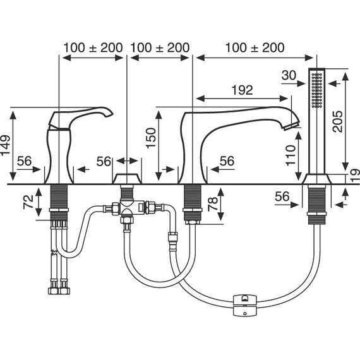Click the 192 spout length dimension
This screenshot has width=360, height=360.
[x=243, y=90]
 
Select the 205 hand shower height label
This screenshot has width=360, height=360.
[x=337, y=121]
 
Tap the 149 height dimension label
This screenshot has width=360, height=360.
[x=5, y=145]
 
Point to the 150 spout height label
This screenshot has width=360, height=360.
[x=151, y=138]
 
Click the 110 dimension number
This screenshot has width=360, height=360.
[x=291, y=155]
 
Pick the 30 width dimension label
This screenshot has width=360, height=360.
[x=289, y=75]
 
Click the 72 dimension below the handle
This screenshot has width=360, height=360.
[x=28, y=202]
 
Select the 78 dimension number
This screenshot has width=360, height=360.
[x=213, y=204]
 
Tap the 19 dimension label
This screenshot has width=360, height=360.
[x=356, y=176]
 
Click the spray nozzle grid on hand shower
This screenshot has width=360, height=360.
[x=317, y=90]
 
